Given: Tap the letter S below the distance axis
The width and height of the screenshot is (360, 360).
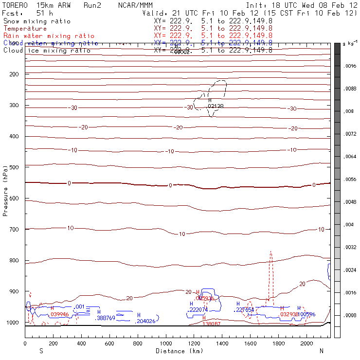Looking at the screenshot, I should [41, 351].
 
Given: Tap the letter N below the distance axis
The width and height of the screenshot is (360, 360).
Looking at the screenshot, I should [322, 351].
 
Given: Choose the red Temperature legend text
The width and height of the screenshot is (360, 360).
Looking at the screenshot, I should [25, 29].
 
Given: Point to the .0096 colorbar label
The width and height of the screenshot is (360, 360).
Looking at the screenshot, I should [349, 66].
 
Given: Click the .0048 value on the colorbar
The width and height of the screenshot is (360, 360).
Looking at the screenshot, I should [349, 201].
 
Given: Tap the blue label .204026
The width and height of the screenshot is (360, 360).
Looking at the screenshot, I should [145, 321].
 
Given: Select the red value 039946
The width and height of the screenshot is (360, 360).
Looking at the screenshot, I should [59, 314].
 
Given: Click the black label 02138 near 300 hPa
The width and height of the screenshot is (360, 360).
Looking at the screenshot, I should [216, 106].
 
